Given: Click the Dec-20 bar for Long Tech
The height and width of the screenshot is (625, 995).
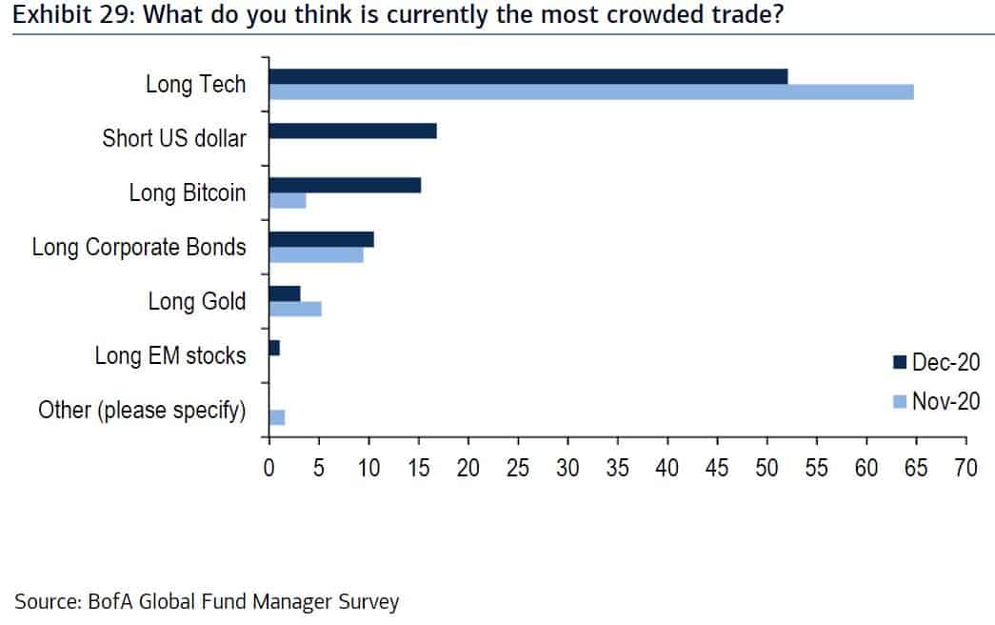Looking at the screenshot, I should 528,76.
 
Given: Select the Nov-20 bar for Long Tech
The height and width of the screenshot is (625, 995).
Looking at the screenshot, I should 590,91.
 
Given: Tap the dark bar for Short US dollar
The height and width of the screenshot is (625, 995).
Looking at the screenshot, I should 352,131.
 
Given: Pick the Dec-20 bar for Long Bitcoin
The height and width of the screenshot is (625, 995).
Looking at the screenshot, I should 345,185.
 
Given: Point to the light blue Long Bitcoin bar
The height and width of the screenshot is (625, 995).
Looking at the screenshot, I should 288,200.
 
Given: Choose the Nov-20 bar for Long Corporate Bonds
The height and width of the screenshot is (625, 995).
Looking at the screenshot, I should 316,254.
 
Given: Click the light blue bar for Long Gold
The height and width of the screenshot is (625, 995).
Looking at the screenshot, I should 295,309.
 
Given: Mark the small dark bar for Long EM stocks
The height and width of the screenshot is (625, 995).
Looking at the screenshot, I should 274,349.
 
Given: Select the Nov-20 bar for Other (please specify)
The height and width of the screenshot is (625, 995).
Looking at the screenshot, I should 277,417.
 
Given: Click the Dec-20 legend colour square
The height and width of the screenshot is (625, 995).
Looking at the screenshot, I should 899,362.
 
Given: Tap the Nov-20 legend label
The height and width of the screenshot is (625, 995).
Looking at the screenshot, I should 945,401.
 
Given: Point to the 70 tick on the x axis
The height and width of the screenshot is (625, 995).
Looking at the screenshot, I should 965,468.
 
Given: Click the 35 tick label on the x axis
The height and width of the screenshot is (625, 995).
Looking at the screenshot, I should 617,468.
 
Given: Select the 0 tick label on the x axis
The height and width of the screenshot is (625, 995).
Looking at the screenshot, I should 269,468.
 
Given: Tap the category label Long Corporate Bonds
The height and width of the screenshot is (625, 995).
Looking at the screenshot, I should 139,248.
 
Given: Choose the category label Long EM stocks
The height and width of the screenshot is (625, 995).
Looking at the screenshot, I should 170,356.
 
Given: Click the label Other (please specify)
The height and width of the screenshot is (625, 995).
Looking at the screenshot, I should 142,411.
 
